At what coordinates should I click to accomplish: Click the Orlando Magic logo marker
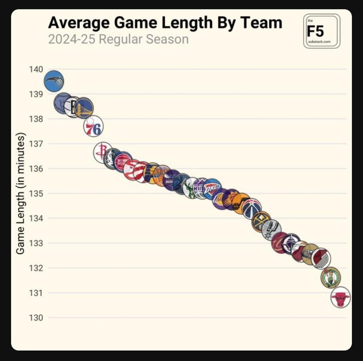[x=54, y=81]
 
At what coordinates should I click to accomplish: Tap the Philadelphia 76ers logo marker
[x=93, y=126]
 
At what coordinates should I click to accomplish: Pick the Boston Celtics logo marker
[x=331, y=278]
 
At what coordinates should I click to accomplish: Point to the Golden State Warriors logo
[x=84, y=108]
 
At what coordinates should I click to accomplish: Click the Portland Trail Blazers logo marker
[x=321, y=258]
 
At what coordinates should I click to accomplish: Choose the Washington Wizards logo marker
[x=252, y=209]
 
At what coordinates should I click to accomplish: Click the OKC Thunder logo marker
[x=212, y=188]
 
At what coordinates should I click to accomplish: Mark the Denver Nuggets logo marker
[x=261, y=222]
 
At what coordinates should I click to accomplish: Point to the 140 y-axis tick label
[x=36, y=69]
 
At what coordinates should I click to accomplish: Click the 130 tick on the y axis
[x=36, y=318]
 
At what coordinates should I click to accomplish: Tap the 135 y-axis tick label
[x=36, y=194]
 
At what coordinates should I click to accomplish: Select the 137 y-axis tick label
[x=36, y=144]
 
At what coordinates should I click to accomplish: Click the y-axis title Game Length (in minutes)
[x=20, y=193]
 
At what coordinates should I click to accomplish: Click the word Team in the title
[x=261, y=23]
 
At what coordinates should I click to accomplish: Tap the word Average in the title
[x=79, y=23]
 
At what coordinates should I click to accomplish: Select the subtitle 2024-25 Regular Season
[x=118, y=39]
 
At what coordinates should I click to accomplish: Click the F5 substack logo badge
[x=321, y=31]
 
